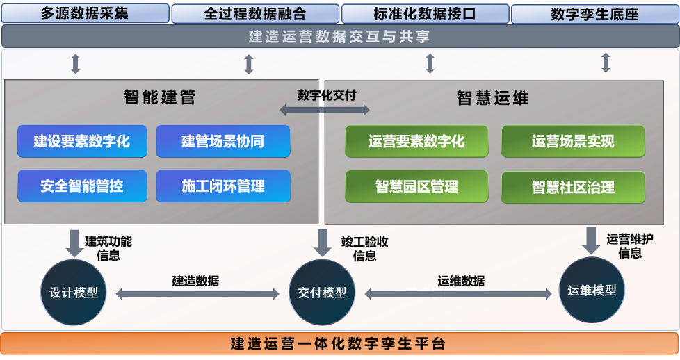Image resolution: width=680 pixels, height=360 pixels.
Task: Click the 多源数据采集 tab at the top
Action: coord(85,13)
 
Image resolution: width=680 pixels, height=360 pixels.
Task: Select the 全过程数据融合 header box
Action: coord(254,13)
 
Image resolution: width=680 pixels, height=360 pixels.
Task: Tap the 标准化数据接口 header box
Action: coord(425,13)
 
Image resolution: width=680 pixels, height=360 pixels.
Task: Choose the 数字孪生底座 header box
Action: coord(594,13)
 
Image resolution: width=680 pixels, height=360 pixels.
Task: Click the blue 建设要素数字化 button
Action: coord(82,141)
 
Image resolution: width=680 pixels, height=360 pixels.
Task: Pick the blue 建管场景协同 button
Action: coord(222,141)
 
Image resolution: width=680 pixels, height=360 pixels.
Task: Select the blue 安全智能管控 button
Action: coord(82,186)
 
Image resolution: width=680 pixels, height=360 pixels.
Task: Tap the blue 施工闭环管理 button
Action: coord(222,186)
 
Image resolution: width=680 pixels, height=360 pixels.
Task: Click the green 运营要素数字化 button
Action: coord(416,141)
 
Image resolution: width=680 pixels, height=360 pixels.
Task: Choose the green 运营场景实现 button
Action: coord(573,141)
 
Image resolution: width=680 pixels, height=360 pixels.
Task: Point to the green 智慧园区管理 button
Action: coord(416,186)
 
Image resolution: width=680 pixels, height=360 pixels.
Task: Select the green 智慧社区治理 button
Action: coord(573,186)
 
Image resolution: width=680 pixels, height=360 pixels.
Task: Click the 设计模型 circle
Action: coord(74,293)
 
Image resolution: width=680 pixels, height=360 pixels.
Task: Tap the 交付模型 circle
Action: coord(322,293)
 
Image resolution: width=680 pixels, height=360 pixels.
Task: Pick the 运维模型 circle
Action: coord(592,290)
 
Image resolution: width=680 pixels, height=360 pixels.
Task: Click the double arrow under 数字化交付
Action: coord(325,109)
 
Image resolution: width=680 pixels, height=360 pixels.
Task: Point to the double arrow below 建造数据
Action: coord(197,294)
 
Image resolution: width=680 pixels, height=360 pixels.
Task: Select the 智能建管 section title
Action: coord(160,97)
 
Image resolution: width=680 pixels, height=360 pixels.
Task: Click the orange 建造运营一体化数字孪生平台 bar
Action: coord(339,343)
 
